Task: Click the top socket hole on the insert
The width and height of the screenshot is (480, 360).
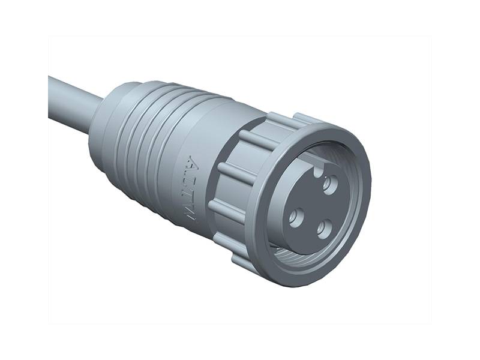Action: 328,184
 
